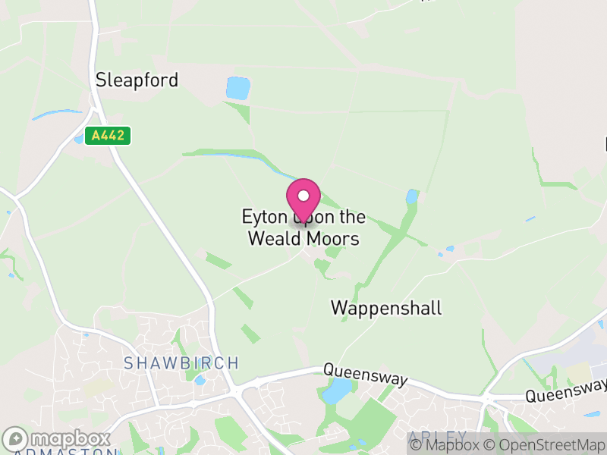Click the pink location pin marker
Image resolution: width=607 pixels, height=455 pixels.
click(303, 199)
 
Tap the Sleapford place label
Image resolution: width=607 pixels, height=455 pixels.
click(137, 80)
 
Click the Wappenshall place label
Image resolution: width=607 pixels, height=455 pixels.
click(386, 308)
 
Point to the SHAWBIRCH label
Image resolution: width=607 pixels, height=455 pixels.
click(181, 363)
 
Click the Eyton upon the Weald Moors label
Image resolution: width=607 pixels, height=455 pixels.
click(303, 227)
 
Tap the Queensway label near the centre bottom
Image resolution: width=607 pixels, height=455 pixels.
click(366, 374)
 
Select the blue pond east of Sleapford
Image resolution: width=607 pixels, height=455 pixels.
click(237, 88)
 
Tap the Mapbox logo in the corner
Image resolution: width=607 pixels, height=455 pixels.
click(58, 439)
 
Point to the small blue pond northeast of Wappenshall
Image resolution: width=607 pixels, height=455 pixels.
click(412, 198)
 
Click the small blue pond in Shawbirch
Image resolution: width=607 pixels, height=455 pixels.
click(200, 379)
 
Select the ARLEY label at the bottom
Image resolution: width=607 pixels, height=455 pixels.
click(437, 438)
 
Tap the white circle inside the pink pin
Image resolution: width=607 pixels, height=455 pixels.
click(303, 195)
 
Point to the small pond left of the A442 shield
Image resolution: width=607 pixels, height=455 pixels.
click(79, 139)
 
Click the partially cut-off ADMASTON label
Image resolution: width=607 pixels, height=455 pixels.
click(59, 452)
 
